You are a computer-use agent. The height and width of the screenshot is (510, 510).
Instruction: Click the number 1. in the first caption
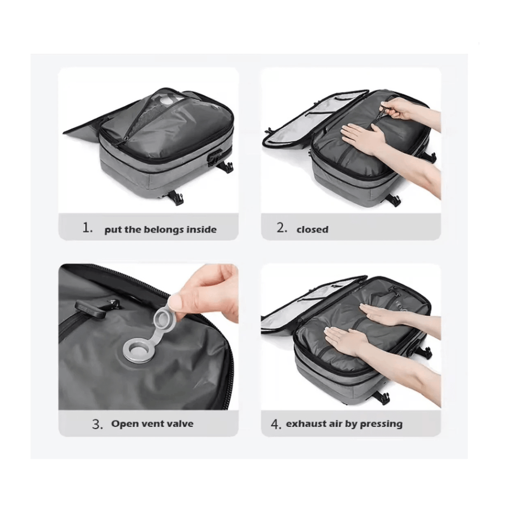click(88, 228)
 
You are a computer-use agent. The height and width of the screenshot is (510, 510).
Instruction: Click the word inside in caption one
click(201, 229)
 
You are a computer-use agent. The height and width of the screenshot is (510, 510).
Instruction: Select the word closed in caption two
click(312, 229)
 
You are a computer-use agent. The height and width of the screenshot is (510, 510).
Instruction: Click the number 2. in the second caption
click(282, 228)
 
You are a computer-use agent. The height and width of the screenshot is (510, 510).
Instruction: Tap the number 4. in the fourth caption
click(276, 424)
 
